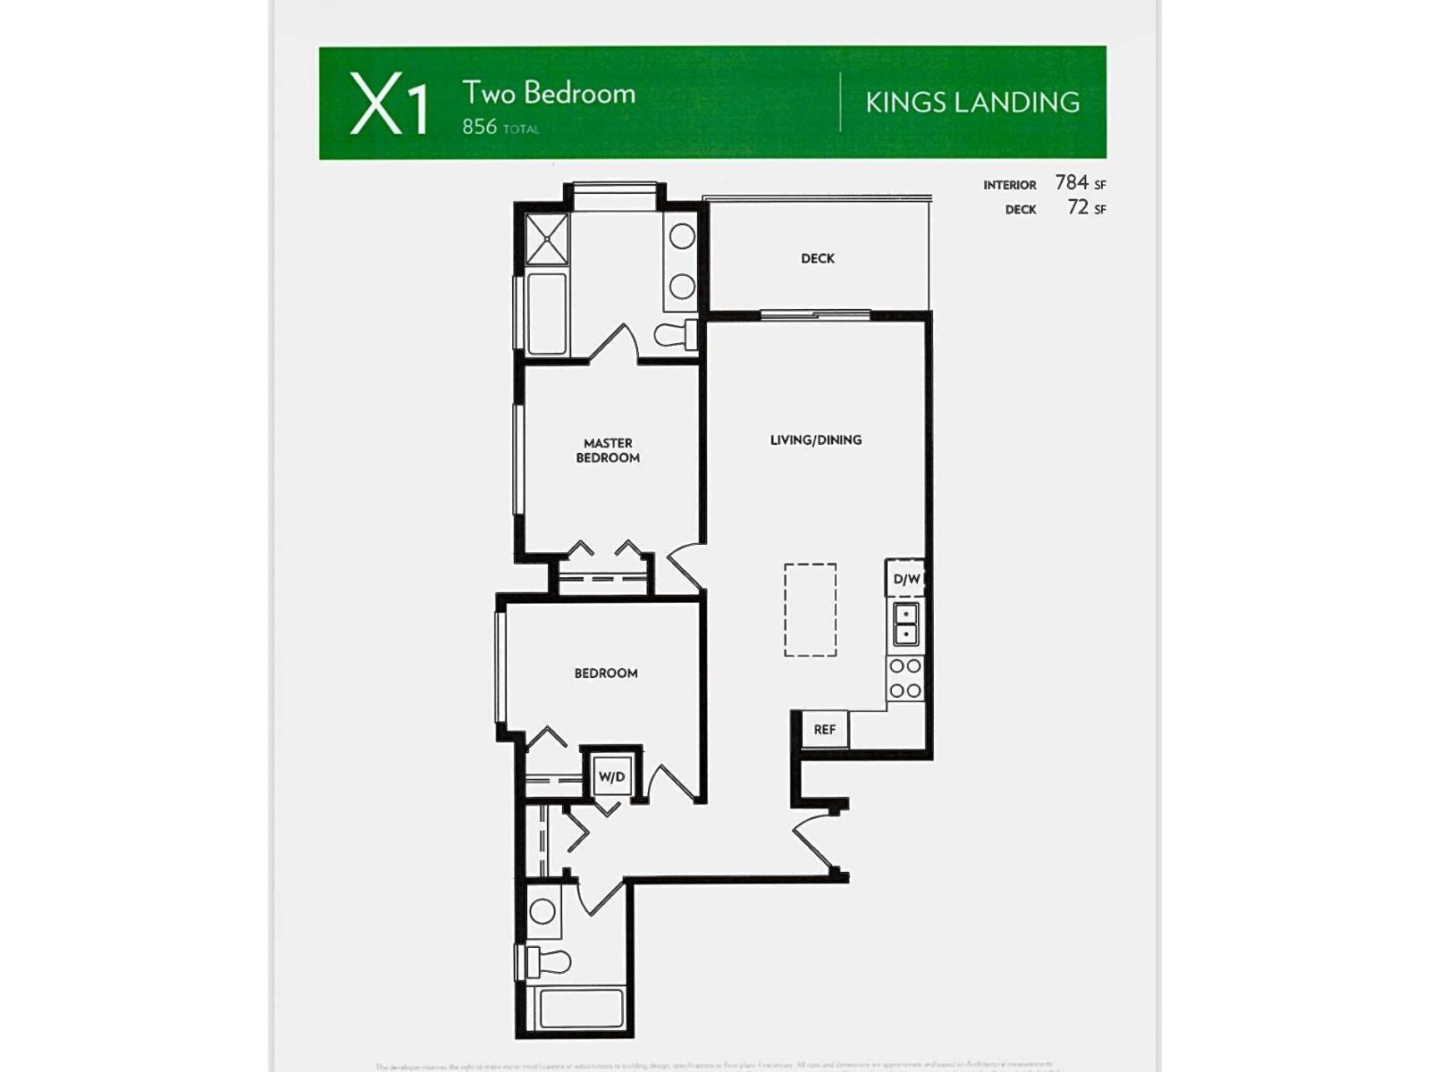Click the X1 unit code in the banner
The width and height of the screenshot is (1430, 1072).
point(389,105)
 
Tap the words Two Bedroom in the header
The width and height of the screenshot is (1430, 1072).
point(548,93)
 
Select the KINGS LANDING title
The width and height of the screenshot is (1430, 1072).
point(972,103)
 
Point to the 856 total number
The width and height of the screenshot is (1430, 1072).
point(480,127)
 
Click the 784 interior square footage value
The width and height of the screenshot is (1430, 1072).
point(1072,182)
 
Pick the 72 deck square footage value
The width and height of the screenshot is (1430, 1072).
point(1078,207)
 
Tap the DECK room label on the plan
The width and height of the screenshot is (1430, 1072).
point(817,259)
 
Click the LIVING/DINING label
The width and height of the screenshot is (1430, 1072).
point(815,440)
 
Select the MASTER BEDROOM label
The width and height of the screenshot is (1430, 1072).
point(608,450)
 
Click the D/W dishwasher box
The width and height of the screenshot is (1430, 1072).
point(905,579)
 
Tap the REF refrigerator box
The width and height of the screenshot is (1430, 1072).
point(824,730)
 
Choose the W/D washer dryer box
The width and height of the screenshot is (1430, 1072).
point(611,776)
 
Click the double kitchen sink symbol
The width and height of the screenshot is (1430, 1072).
point(905,624)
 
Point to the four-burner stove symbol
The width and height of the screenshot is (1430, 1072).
point(905,679)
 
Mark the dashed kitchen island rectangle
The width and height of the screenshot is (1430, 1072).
point(811,610)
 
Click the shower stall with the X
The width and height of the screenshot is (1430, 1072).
point(547,239)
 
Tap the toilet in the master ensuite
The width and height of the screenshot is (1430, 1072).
point(677,335)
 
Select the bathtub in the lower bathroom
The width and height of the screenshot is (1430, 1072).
point(581,1008)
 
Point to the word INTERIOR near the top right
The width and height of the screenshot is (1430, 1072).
point(1009,185)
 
